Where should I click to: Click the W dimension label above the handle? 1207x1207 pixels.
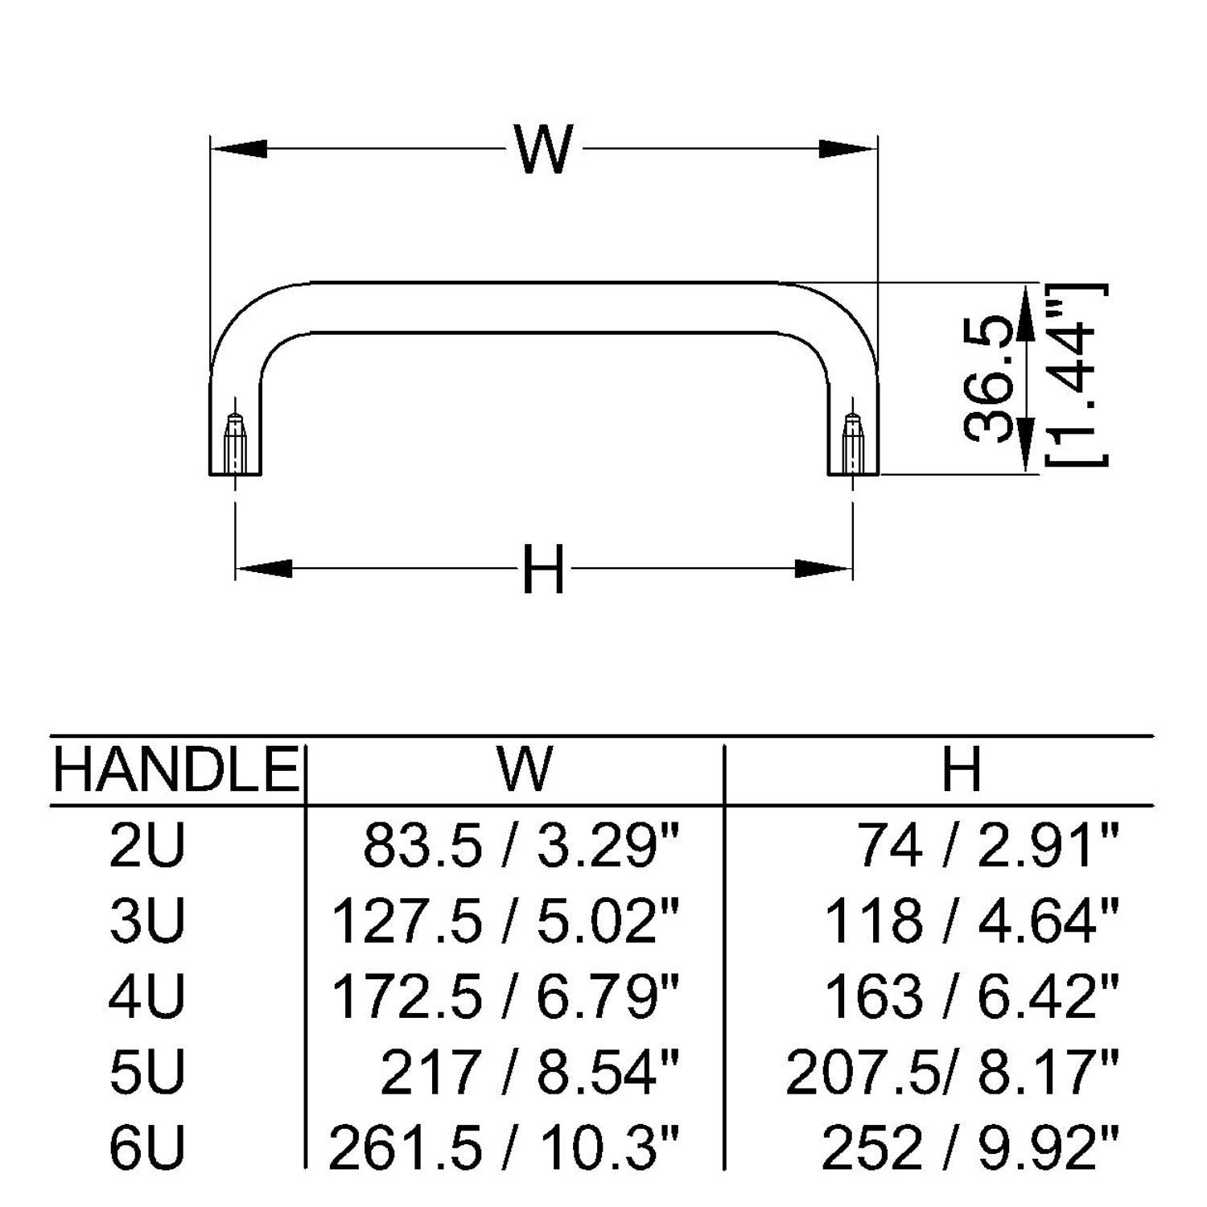point(545,149)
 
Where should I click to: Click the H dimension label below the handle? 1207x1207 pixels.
point(543,569)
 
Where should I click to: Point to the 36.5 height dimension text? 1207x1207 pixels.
point(989,378)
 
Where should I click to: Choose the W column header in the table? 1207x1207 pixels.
point(524,769)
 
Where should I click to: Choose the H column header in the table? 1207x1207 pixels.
point(962,769)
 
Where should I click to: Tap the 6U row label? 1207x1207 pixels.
point(147,1148)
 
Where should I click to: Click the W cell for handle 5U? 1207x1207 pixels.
point(529,1072)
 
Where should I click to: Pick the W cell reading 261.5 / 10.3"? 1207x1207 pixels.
point(504,1148)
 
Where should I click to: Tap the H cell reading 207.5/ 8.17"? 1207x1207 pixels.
point(952,1072)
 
